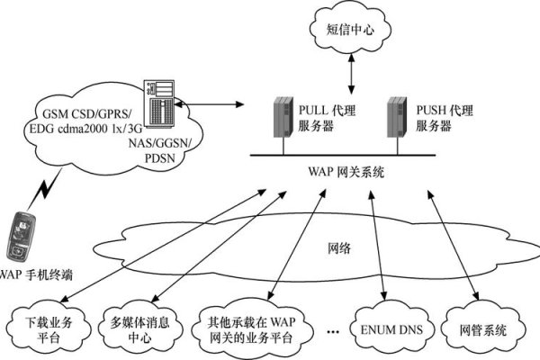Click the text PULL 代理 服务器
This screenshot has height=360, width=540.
coord(320,117)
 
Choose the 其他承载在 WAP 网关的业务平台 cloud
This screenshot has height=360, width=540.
coord(245,328)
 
